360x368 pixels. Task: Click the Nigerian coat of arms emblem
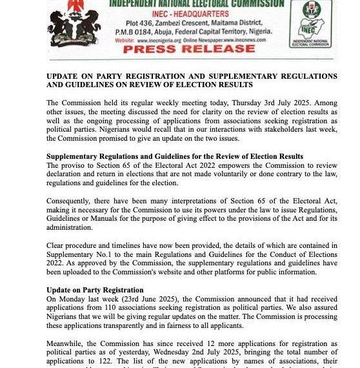point(75,24)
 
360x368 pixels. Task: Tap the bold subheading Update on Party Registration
point(95,290)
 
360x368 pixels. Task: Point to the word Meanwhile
point(70,343)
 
